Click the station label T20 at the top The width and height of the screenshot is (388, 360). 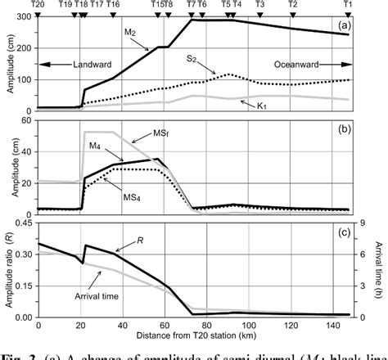pos(38,5)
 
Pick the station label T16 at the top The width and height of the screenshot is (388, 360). pos(112,5)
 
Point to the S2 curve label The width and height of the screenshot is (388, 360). pos(192,59)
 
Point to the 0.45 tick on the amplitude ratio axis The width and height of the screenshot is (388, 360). pos(24,223)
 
